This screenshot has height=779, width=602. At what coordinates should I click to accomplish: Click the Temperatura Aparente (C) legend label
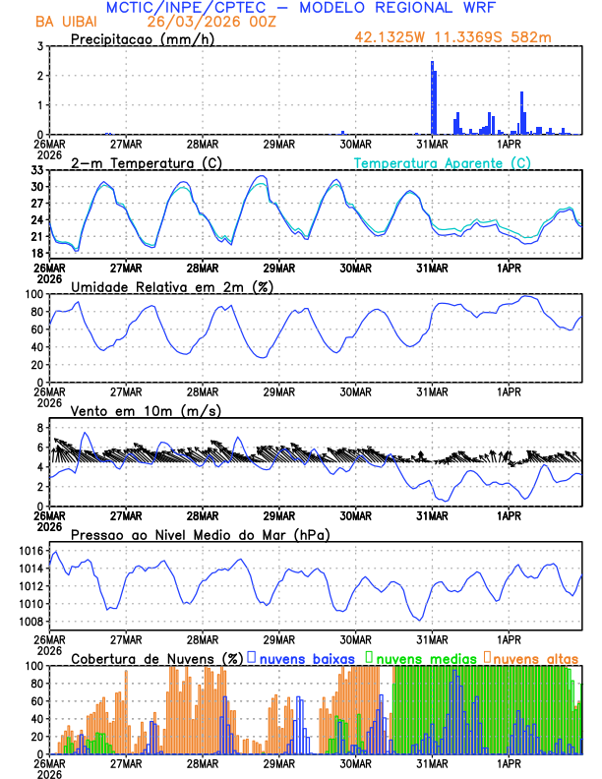pyautogui.click(x=443, y=162)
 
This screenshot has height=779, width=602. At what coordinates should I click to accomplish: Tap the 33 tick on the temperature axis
pyautogui.click(x=37, y=170)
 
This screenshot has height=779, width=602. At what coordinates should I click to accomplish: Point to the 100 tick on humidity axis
pyautogui.click(x=34, y=294)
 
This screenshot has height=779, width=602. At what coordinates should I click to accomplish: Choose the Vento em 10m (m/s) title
pyautogui.click(x=147, y=410)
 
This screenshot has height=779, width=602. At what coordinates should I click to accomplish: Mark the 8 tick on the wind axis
pyautogui.click(x=40, y=428)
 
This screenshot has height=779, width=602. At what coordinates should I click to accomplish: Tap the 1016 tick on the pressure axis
pyautogui.click(x=30, y=551)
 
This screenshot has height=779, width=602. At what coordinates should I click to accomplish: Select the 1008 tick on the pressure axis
pyautogui.click(x=30, y=622)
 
